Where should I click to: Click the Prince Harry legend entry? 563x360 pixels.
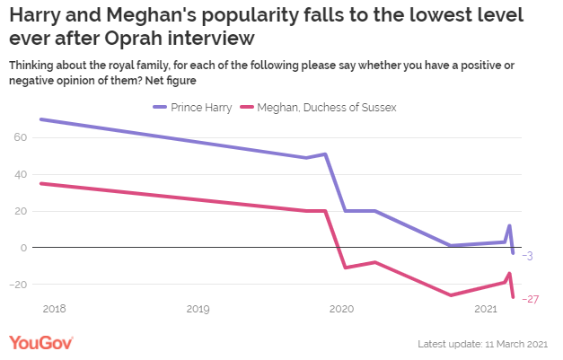(x=193, y=108)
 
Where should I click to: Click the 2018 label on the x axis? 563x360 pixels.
(x=54, y=310)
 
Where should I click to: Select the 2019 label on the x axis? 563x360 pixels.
(x=198, y=310)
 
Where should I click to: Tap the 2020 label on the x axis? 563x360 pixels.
(x=341, y=310)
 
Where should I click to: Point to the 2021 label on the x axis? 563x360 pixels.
(x=485, y=310)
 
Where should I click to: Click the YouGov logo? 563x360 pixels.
(x=41, y=342)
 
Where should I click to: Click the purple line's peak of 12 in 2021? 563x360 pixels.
(x=509, y=225)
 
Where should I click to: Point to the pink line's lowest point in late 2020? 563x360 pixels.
(x=451, y=295)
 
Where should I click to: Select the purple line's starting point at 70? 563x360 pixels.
(x=41, y=119)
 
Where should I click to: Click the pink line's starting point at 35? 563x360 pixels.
(x=41, y=183)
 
